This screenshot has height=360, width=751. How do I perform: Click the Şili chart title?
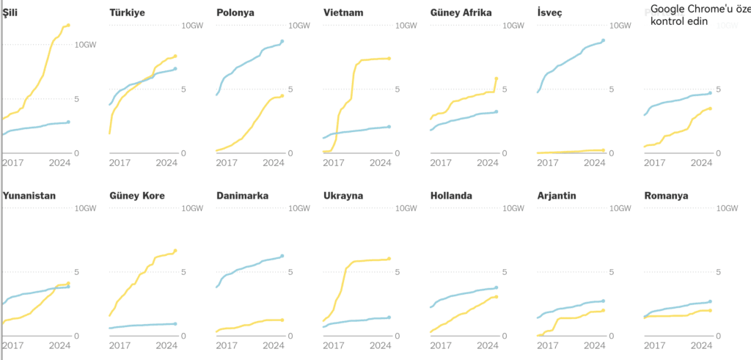pos(10,12)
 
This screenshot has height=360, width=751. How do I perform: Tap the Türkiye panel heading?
pos(127,12)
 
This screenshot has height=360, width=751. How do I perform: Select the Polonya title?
pos(235,12)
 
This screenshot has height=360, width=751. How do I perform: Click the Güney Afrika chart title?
pos(461,12)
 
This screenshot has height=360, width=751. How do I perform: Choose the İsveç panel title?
pos(551,12)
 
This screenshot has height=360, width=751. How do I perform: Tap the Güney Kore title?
pos(137,196)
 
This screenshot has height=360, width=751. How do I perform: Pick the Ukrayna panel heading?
pos(344,196)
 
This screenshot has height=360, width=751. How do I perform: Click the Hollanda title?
pos(451,196)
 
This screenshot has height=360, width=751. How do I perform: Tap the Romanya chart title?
pos(666,196)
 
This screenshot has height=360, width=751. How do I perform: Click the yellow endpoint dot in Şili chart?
pos(68,26)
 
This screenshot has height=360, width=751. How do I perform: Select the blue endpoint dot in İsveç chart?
pos(604,40)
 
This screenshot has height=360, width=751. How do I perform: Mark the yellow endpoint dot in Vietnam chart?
pos(389,59)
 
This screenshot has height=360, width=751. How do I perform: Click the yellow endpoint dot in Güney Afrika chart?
pos(497,78)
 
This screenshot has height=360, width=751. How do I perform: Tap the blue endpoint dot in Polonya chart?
pos(282,41)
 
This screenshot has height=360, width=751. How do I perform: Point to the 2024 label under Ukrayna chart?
pos(381,345)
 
